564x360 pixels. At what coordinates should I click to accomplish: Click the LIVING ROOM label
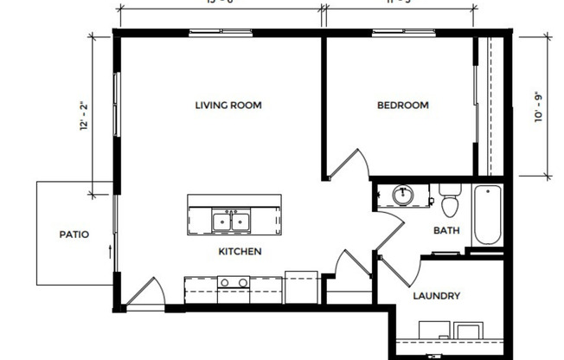coord(228,106)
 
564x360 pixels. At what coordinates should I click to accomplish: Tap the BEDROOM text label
coord(403,106)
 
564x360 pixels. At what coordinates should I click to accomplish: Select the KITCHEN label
coord(240,252)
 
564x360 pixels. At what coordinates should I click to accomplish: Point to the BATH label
coord(446,230)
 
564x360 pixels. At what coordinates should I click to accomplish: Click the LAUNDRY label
coord(436,296)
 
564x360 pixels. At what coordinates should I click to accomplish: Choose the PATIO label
coord(74,234)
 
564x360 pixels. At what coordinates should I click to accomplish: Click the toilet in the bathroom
coord(449,202)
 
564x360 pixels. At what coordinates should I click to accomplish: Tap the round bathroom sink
coord(401,195)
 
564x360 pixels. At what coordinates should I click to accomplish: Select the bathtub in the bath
coord(486,215)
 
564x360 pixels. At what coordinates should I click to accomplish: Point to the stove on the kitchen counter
coord(234,282)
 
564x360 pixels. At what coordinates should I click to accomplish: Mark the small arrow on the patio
coord(110,251)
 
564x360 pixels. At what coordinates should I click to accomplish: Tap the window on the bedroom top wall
coord(399,32)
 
